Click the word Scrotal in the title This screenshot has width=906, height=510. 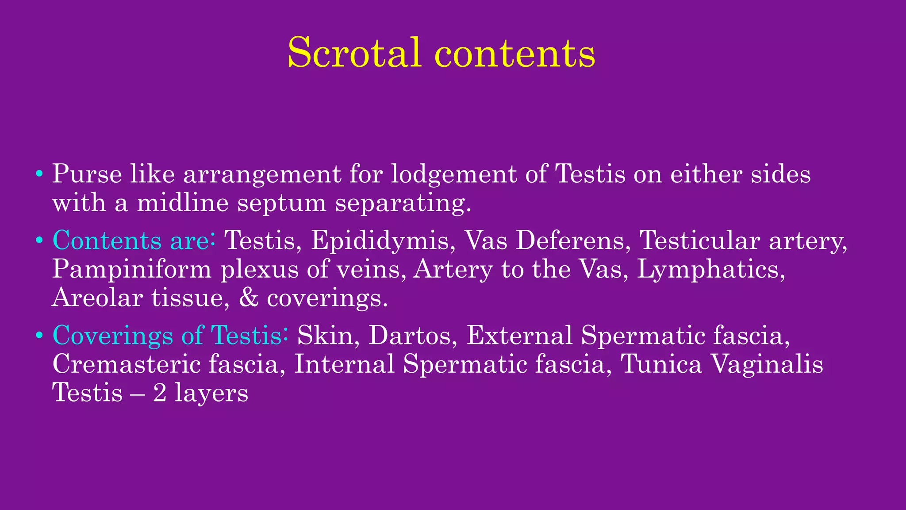[353, 53]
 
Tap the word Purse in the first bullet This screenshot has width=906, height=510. [87, 174]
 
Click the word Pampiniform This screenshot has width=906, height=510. [132, 269]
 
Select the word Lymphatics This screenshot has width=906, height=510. [711, 269]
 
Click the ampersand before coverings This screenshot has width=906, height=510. [248, 297]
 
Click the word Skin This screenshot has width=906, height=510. [325, 335]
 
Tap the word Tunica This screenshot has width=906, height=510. [661, 364]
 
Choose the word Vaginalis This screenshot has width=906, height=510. [767, 365]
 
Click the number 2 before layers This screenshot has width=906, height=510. [160, 393]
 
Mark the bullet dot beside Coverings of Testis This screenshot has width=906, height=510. [39, 335]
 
